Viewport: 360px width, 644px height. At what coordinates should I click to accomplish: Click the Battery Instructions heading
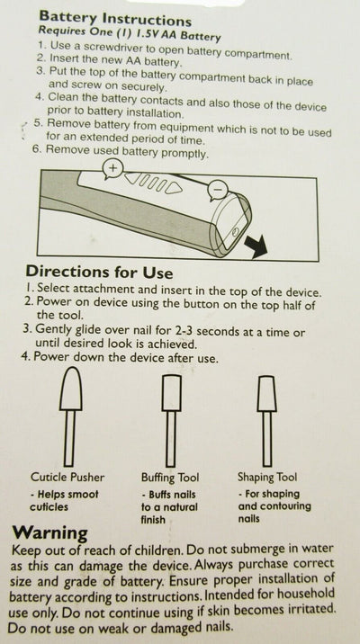tap(115, 19)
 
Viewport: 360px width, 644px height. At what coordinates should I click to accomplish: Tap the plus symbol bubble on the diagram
tap(113, 168)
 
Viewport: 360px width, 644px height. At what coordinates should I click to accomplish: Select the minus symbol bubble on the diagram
tap(218, 190)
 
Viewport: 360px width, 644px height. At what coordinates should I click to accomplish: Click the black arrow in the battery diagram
tap(256, 246)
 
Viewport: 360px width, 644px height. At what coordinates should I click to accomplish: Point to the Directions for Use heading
tap(99, 272)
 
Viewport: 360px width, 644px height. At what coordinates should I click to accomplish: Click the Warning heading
tap(49, 533)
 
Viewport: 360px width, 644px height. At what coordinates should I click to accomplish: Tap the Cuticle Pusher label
tap(67, 477)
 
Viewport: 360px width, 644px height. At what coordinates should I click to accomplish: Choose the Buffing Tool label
tap(170, 478)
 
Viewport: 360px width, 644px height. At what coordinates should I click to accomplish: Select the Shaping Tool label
tap(267, 478)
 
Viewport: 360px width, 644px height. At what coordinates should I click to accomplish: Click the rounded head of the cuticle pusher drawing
tap(71, 389)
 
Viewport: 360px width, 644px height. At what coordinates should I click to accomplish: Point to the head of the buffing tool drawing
tap(171, 393)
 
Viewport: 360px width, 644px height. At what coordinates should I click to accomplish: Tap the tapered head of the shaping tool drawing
tap(266, 393)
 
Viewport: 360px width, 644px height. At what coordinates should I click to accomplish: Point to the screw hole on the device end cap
tap(234, 232)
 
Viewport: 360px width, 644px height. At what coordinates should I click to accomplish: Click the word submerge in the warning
tap(256, 550)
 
